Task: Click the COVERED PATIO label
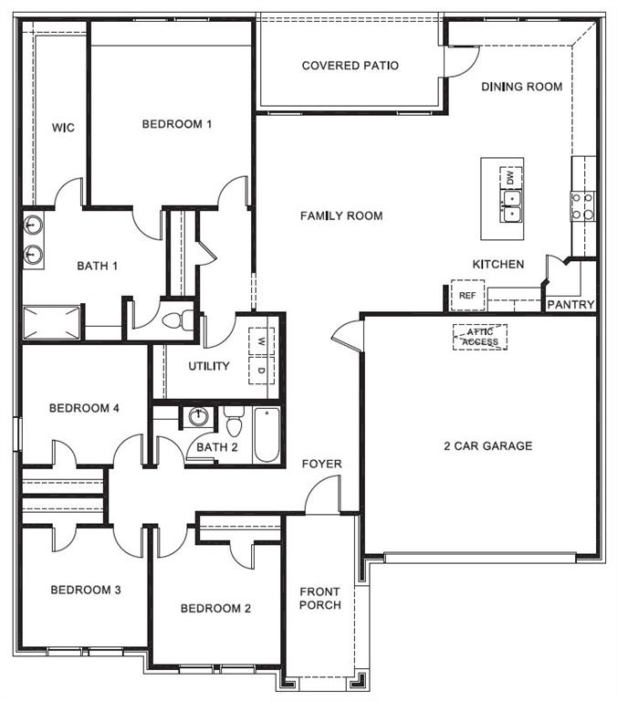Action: pyautogui.click(x=350, y=66)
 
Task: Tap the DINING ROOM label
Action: pyautogui.click(x=521, y=87)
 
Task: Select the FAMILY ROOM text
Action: pyautogui.click(x=341, y=216)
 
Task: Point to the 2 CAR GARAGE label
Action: pyautogui.click(x=487, y=446)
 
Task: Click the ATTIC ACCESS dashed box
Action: pyautogui.click(x=480, y=337)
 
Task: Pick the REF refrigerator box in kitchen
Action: pyautogui.click(x=467, y=296)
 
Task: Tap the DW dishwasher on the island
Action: pyautogui.click(x=509, y=175)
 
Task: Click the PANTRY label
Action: pyautogui.click(x=570, y=305)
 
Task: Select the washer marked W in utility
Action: pyautogui.click(x=262, y=341)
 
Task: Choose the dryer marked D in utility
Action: pyautogui.click(x=262, y=370)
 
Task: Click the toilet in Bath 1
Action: pyautogui.click(x=185, y=320)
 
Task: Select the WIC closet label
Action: pyautogui.click(x=63, y=128)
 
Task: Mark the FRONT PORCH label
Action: pyautogui.click(x=319, y=599)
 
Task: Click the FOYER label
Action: pyautogui.click(x=322, y=465)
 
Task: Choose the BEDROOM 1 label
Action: pyautogui.click(x=177, y=124)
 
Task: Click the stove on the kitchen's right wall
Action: pyautogui.click(x=582, y=206)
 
